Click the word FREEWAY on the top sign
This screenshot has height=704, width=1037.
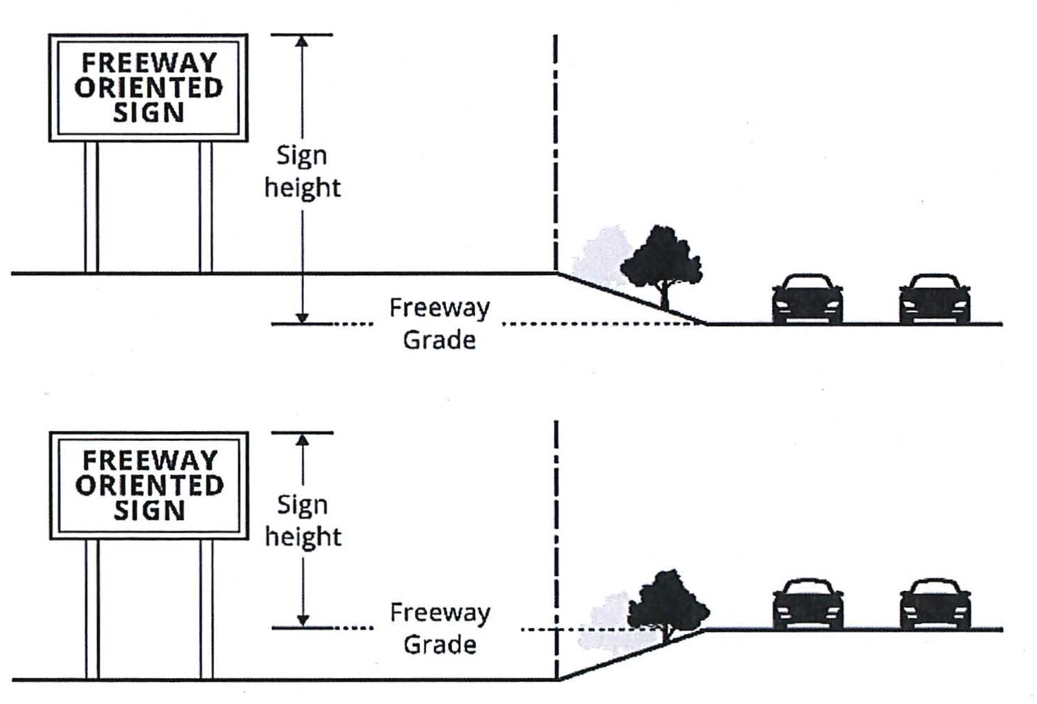coord(148,63)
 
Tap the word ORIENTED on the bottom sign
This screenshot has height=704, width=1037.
coord(149,485)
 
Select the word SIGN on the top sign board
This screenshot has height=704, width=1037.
coord(148,112)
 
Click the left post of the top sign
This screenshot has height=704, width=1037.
coord(91,206)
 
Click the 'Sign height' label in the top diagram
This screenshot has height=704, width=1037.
coord(302,171)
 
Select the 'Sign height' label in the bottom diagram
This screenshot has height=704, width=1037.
coord(303,520)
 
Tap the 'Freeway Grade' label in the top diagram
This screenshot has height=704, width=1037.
coord(439,324)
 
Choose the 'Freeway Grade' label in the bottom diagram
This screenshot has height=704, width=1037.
coord(440,628)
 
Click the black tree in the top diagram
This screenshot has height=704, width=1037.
coord(661,259)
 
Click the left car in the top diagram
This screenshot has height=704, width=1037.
coord(807,298)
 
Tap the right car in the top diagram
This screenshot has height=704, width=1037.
coord(934,298)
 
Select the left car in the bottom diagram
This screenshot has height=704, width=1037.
coord(808,604)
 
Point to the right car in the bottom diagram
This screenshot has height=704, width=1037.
coord(935,604)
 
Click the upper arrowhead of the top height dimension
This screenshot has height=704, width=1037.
coord(301,41)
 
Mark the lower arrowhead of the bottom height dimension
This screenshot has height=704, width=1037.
coord(303,620)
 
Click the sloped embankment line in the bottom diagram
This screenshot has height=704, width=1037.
coord(632,654)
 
